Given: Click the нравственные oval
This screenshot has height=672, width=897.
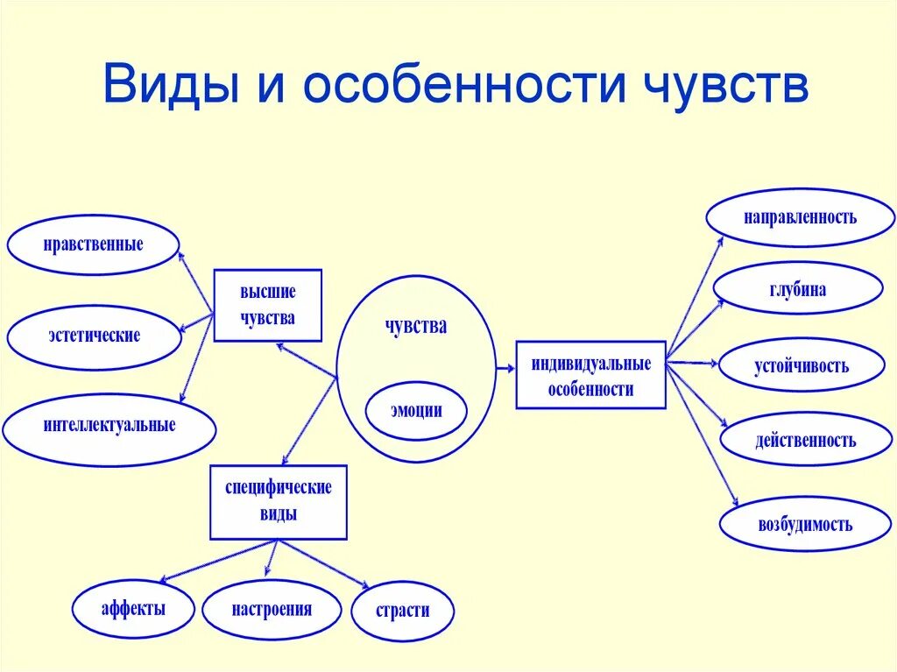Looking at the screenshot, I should coord(93,244).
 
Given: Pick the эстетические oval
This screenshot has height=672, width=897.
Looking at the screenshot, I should coord(94,336).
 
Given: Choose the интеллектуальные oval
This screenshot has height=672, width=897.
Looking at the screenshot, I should coord(109,427).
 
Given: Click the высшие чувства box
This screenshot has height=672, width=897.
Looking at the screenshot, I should coord(268,305).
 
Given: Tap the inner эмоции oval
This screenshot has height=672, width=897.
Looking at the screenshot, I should coord(416,410).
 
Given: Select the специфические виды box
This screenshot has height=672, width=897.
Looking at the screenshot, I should coord(279,502).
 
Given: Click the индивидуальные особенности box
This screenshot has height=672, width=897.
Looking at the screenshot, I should coord(590,376).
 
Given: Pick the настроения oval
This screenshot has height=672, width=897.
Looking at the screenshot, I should coord(272,609).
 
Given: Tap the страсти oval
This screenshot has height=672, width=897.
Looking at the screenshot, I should coord(403,611).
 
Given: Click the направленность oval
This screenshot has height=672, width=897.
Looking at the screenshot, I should coord(800,217).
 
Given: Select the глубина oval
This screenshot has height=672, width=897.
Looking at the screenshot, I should coord(797,289).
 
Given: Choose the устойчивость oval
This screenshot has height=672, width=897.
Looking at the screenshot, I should coord(801,365).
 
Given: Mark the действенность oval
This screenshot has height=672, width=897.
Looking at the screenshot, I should coord(805,440).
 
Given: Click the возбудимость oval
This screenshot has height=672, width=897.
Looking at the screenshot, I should coord(805,525).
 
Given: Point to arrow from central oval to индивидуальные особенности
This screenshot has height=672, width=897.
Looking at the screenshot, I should coord(505,370).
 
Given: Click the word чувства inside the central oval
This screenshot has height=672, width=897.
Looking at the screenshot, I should coord(416,327).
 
